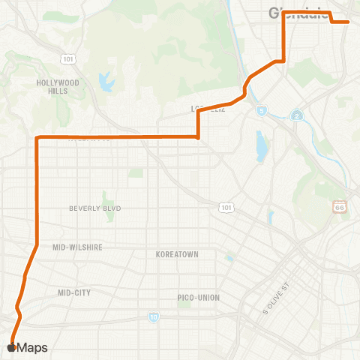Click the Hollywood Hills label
[58, 86]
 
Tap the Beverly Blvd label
[95, 208]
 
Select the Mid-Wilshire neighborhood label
[77, 247]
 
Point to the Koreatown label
[177, 254]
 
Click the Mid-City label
[73, 292]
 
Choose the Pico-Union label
[199, 297]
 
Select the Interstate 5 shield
[261, 111]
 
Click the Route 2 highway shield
[297, 115]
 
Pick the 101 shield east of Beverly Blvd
[224, 206]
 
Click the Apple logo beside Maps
[10, 347]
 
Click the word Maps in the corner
[32, 347]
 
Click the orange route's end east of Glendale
[348, 22]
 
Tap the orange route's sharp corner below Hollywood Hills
[37, 137]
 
